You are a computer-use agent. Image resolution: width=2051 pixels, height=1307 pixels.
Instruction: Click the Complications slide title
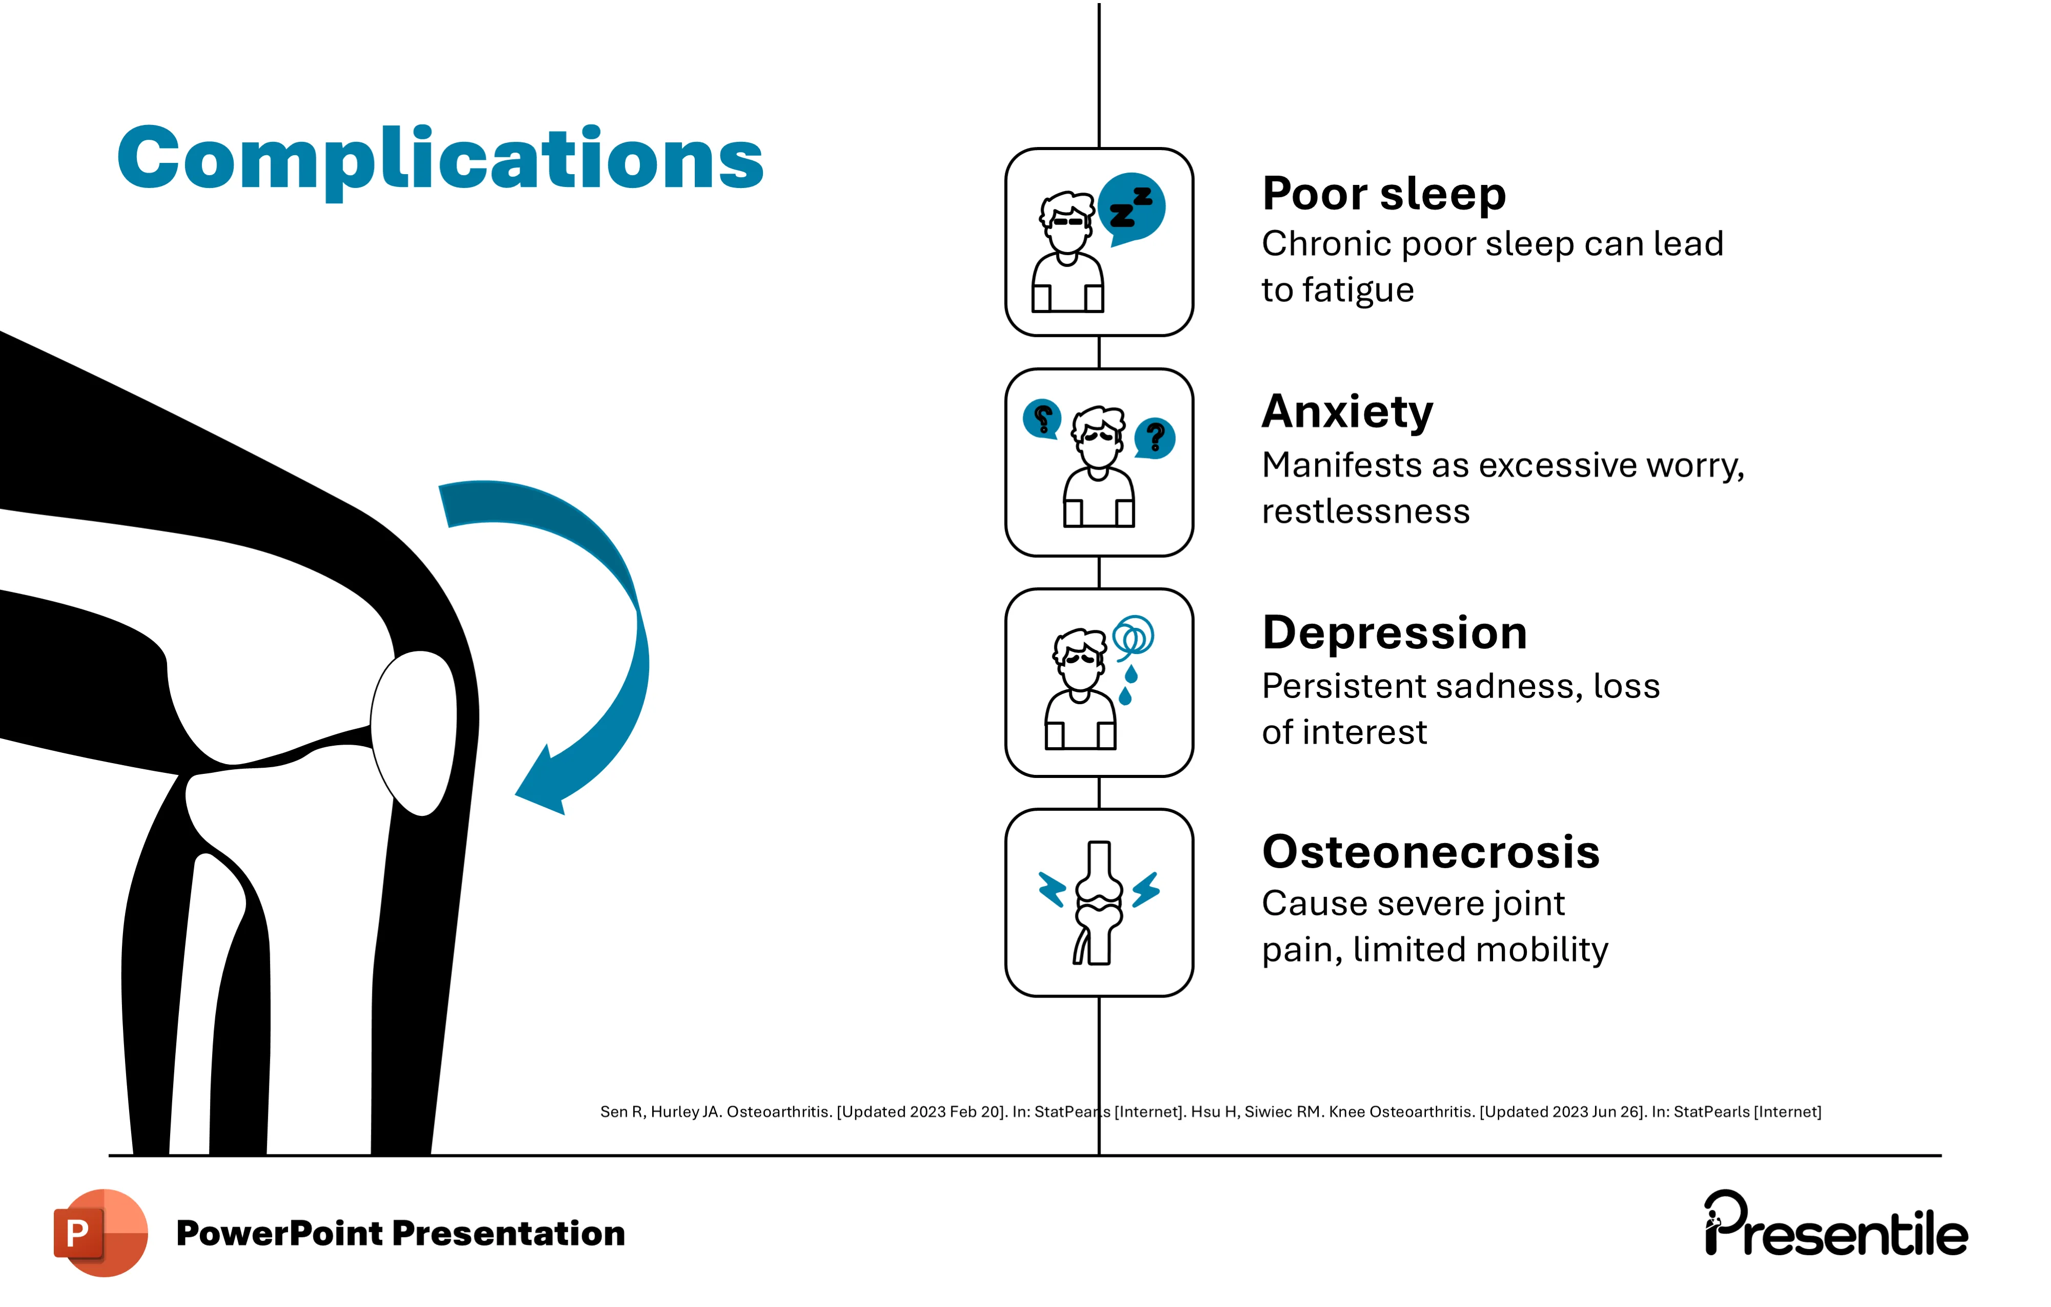click(x=440, y=160)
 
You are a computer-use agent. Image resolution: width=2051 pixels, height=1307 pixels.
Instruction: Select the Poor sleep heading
click(x=1383, y=194)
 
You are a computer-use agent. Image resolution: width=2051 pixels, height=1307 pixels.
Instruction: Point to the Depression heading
click(x=1394, y=634)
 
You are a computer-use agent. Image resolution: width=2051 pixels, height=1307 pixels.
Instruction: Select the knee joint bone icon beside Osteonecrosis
click(x=1099, y=902)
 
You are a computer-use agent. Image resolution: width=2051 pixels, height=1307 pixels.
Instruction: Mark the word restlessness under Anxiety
click(x=1365, y=512)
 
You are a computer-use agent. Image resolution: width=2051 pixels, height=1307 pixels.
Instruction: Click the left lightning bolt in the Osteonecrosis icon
click(x=1053, y=890)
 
